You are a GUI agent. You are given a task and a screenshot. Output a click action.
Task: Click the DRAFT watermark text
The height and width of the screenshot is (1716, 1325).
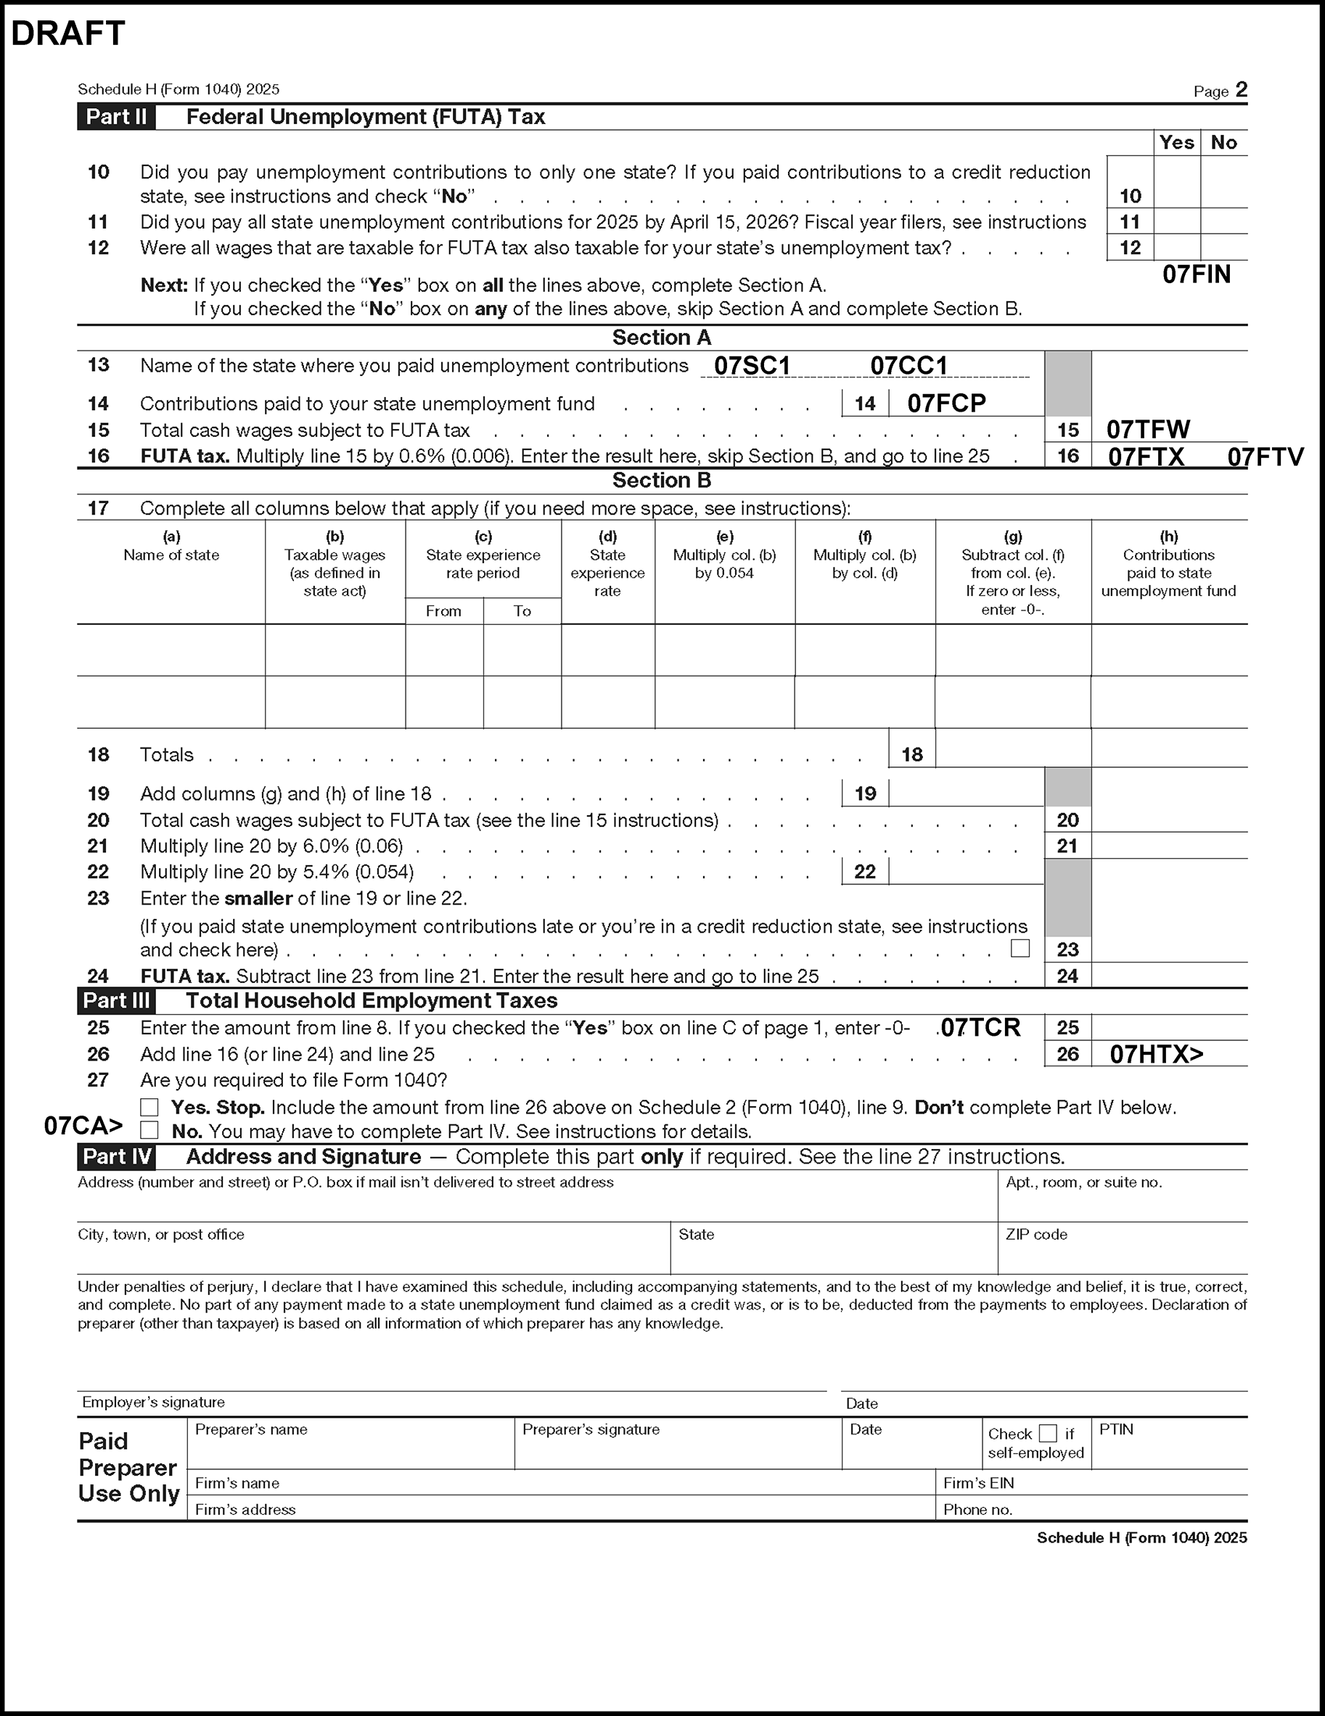pos(68,34)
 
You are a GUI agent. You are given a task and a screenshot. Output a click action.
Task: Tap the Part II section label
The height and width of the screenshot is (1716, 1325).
pos(116,117)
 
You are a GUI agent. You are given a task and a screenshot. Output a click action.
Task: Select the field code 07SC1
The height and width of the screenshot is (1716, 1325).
pos(752,366)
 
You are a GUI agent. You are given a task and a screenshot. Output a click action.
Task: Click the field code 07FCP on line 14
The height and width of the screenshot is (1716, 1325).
pos(945,404)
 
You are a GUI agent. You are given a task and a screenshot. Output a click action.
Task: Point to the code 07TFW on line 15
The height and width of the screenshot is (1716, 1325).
pos(1147,430)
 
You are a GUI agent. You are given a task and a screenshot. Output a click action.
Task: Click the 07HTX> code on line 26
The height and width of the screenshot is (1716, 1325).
pos(1156,1055)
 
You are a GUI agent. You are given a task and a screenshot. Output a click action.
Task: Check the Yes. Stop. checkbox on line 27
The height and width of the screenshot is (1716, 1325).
pos(149,1107)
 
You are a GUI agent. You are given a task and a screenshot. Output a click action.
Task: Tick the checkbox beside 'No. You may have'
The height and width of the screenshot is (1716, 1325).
pos(149,1131)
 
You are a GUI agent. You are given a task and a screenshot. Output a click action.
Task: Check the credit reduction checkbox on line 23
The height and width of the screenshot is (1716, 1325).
pos(1020,948)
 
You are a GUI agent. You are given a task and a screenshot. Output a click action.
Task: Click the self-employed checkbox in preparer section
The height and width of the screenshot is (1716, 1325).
pos(1048,1433)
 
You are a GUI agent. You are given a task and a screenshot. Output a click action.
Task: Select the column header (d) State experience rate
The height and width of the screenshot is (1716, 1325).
pos(607,564)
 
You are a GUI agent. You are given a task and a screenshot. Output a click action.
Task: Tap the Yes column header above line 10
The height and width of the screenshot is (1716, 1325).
pos(1176,143)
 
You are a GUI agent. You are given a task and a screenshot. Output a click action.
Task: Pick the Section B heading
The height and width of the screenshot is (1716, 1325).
pos(661,480)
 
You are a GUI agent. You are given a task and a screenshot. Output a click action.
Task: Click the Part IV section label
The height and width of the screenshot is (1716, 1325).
pos(116,1156)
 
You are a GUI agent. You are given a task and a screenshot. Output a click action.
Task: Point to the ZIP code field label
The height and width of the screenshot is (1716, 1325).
pos(1036,1234)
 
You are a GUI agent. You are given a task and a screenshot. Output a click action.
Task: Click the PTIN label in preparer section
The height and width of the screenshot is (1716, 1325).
pos(1116,1429)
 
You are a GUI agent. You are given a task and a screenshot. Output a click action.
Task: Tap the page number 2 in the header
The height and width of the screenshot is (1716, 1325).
pos(1241,89)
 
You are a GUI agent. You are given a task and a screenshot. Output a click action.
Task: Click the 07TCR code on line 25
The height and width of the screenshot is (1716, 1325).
pos(980,1028)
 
